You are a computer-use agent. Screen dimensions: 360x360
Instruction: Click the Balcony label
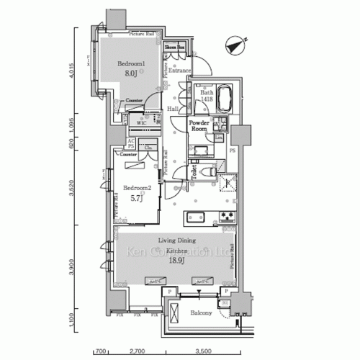pos(200,314)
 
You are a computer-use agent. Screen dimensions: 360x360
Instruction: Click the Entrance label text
pos(179,71)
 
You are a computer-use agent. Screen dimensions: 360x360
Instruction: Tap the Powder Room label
pos(199,127)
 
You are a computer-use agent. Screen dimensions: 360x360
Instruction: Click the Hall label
pos(173,109)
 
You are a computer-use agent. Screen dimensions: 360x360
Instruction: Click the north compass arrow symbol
pos(233,42)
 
